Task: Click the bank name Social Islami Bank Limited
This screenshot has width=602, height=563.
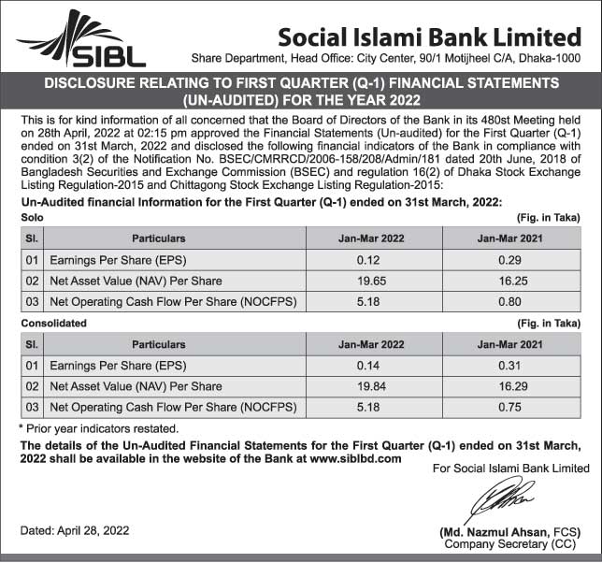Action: pos(429,37)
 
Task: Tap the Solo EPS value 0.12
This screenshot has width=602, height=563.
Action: pos(372,260)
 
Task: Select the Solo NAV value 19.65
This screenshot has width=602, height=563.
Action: pos(372,281)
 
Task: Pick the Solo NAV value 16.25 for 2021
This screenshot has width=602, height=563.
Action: pos(509,281)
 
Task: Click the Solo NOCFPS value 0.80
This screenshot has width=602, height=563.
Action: pos(509,302)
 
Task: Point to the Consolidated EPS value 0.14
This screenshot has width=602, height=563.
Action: pos(372,366)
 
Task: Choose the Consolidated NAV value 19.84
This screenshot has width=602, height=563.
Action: pos(372,386)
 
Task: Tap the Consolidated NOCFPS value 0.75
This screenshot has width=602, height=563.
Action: pos(509,408)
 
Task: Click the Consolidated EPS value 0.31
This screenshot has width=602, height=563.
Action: pos(509,366)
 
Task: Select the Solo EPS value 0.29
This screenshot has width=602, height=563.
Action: pos(509,260)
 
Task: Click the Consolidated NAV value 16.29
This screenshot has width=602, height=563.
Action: pos(509,386)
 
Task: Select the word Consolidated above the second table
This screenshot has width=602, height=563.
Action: pos(53,324)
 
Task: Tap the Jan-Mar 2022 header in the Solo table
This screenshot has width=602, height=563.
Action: pos(372,238)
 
